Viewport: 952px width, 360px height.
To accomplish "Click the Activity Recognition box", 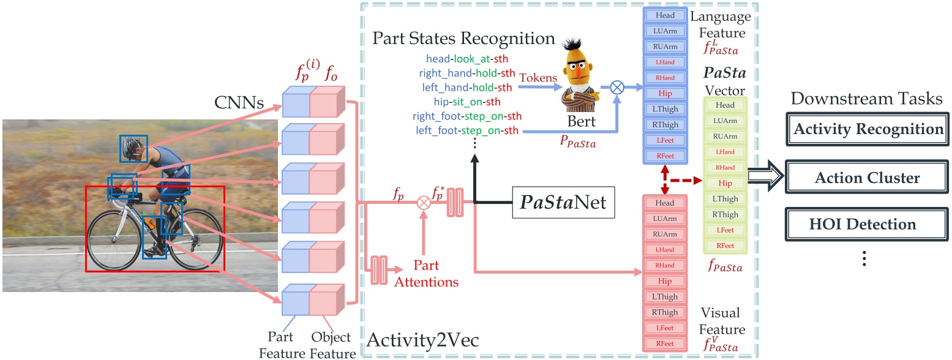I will click(868, 130).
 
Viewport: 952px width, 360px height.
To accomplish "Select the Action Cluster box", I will click(868, 178).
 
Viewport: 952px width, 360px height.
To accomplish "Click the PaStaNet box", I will click(563, 201).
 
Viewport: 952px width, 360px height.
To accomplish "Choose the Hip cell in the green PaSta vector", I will click(725, 183).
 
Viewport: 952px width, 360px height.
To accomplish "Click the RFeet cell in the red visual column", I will click(665, 344).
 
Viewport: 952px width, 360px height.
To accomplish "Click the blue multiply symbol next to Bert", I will click(618, 88).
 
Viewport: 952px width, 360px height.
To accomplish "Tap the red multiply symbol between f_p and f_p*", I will click(422, 201).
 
